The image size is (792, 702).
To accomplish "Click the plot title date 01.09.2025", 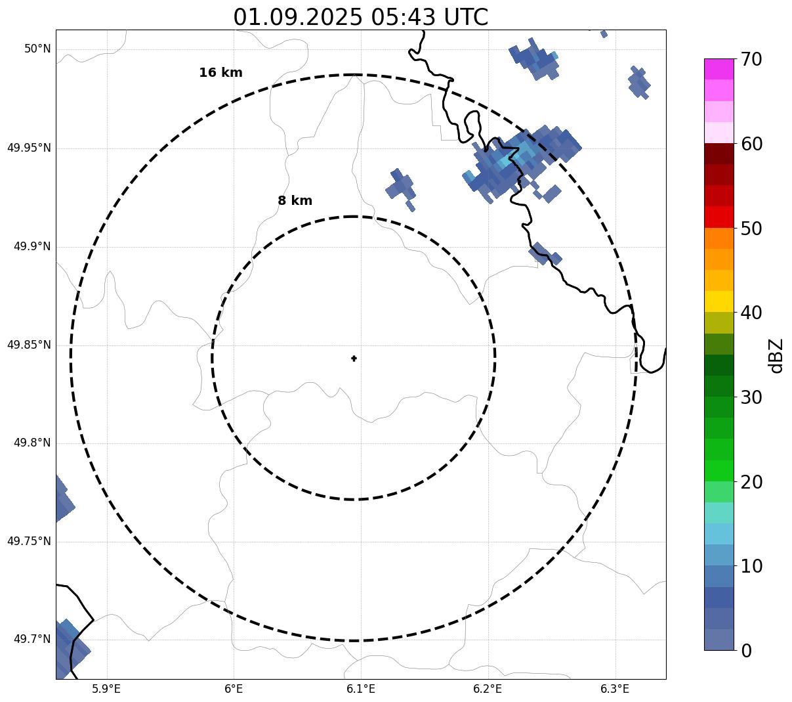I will [x=297, y=17].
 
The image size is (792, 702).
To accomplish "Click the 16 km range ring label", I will [x=220, y=73].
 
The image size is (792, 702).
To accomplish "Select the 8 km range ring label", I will [x=295, y=201].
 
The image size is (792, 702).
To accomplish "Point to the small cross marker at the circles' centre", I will [x=354, y=358].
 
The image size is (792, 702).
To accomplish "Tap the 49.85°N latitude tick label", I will [x=29, y=345].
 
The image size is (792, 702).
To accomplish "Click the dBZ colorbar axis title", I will [x=777, y=355].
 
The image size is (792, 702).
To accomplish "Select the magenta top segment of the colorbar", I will [x=719, y=69].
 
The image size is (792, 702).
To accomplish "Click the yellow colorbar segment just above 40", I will [x=719, y=301].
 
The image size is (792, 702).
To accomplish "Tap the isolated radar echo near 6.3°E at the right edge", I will [x=638, y=82].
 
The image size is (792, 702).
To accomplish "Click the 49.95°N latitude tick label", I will [x=29, y=148].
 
